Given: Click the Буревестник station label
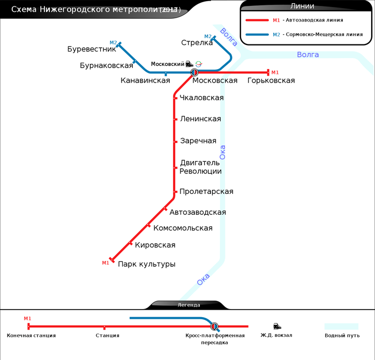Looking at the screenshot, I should pos(92,49).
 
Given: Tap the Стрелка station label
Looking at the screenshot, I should pos(197,43).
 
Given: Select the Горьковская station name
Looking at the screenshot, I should pos(271,81).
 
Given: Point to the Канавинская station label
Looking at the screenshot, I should pos(145,81).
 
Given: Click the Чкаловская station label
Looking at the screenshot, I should pos(202,98).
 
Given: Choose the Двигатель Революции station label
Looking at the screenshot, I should pos(200,167).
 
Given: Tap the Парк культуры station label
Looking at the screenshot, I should pos(147,264).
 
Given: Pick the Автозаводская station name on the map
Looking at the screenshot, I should pos(198,212).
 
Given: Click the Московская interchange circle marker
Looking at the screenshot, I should pos(194,72).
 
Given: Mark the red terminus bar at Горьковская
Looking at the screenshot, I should pos(268,72).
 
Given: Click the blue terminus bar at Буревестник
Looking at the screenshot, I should pos(119,44).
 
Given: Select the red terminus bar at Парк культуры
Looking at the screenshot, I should pos(112,260).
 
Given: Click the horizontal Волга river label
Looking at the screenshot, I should pos(307,55).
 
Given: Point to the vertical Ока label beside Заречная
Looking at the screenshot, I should pos(222,152).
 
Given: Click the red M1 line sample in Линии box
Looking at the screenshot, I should pos(257,20).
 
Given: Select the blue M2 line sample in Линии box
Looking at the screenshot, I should pos(257,34).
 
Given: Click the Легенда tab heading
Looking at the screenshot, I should pos(189,305).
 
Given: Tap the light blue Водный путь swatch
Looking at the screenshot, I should pos(341,326).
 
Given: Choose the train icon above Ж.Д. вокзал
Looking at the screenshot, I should pos(276,326).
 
